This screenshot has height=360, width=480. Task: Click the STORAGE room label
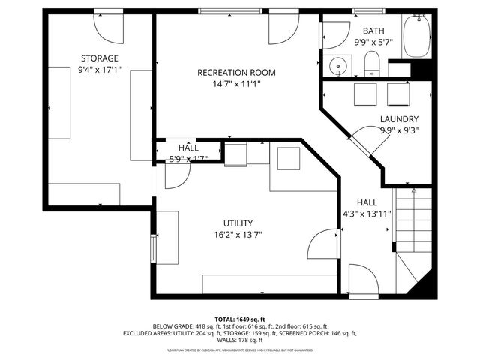[100, 58]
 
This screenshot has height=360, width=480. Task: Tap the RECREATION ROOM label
[236, 73]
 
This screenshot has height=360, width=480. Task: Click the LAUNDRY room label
[399, 119]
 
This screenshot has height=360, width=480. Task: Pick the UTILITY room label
[238, 223]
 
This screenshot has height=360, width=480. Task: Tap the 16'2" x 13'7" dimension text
[238, 234]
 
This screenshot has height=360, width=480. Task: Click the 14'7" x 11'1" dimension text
[236, 84]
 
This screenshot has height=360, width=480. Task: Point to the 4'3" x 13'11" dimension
[367, 214]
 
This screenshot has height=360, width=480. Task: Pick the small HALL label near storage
[188, 148]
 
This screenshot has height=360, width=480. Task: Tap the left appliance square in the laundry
[365, 95]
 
